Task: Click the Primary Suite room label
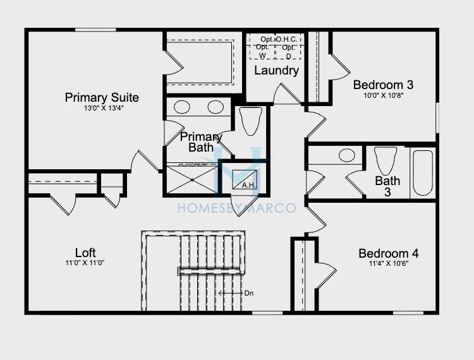pyautogui.click(x=102, y=97)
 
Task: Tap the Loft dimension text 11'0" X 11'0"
pyautogui.click(x=85, y=263)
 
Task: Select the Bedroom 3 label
pyautogui.click(x=384, y=85)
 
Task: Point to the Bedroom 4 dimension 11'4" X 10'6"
pyautogui.click(x=389, y=263)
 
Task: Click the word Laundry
pyautogui.click(x=277, y=71)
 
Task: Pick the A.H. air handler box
pyautogui.click(x=245, y=180)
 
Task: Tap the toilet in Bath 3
pyautogui.click(x=385, y=160)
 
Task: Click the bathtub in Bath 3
pyautogui.click(x=423, y=173)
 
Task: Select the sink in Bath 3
pyautogui.click(x=347, y=155)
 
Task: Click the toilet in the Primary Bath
pyautogui.click(x=251, y=121)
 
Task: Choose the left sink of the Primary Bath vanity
pyautogui.click(x=182, y=107)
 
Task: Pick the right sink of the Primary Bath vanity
pyautogui.click(x=216, y=107)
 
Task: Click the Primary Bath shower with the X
pyautogui.click(x=192, y=180)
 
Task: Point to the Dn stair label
pyautogui.click(x=249, y=293)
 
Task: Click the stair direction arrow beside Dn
pyautogui.click(x=231, y=293)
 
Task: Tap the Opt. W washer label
pyautogui.click(x=262, y=52)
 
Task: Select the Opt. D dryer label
pyautogui.click(x=288, y=52)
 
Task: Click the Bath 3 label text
pyautogui.click(x=387, y=186)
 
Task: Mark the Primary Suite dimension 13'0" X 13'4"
pyautogui.click(x=104, y=108)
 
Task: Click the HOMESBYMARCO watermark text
pyautogui.click(x=237, y=208)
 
